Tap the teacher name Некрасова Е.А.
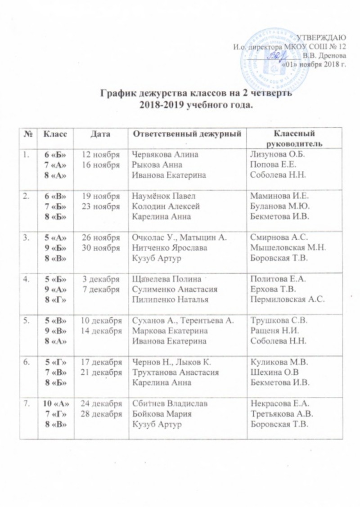pyautogui.click(x=277, y=404)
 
